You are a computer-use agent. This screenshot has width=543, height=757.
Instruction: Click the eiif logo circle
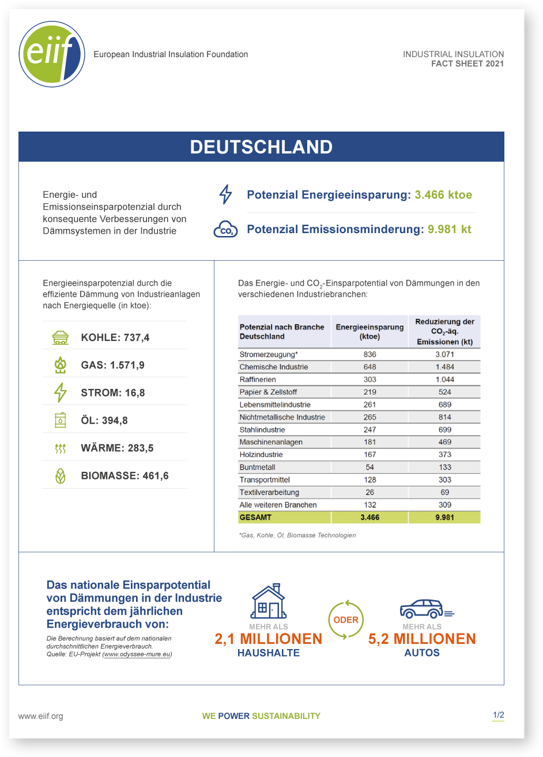52,54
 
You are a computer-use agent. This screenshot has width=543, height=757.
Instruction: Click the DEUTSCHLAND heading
261,147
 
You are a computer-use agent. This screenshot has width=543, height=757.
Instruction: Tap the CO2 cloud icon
225,229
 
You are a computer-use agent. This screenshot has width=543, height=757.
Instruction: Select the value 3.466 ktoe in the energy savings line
443,195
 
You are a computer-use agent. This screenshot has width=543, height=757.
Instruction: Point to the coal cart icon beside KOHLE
61,338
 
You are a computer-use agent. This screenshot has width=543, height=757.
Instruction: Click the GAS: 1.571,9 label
113,365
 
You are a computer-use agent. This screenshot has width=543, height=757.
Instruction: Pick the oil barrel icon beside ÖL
61,420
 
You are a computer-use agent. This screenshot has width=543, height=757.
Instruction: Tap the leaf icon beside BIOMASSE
61,476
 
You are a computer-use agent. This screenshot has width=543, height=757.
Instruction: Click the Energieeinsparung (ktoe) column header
369,332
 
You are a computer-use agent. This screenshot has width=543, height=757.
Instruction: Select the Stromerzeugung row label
269,354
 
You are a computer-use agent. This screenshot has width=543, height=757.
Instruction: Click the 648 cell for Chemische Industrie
369,367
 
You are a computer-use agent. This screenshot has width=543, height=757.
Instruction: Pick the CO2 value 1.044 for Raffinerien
445,380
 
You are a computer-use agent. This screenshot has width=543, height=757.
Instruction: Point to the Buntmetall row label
257,467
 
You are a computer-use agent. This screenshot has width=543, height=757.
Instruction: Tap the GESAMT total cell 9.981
445,518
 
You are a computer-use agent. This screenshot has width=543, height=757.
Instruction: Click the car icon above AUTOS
427,609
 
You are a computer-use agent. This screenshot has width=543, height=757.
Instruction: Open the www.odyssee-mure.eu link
137,654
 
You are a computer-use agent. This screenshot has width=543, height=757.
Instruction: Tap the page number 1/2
498,715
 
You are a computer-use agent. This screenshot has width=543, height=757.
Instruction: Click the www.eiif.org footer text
40,716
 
